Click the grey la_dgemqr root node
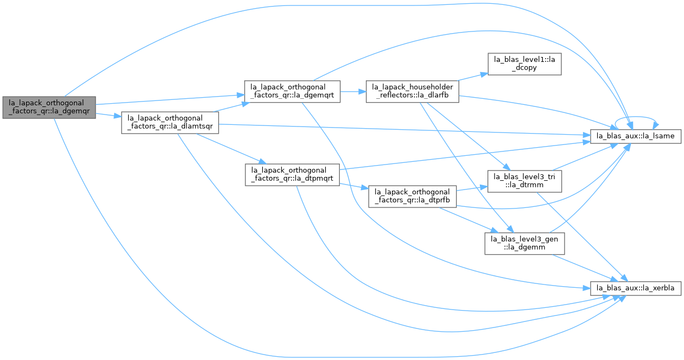(49, 108)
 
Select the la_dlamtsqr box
(170, 123)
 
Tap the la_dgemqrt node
(292, 92)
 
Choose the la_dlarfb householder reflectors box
(413, 92)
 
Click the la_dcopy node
(524, 64)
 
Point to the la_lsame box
(636, 136)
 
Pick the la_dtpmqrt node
(292, 175)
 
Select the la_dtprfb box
(413, 197)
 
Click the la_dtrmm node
(524, 181)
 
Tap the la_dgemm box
(524, 244)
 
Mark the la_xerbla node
(636, 288)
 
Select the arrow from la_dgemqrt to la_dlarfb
(353, 92)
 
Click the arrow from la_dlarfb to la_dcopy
(473, 77)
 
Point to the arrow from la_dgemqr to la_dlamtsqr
(109, 115)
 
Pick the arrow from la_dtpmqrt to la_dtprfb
(354, 186)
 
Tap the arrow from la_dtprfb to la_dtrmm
(472, 188)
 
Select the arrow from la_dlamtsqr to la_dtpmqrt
(232, 149)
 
